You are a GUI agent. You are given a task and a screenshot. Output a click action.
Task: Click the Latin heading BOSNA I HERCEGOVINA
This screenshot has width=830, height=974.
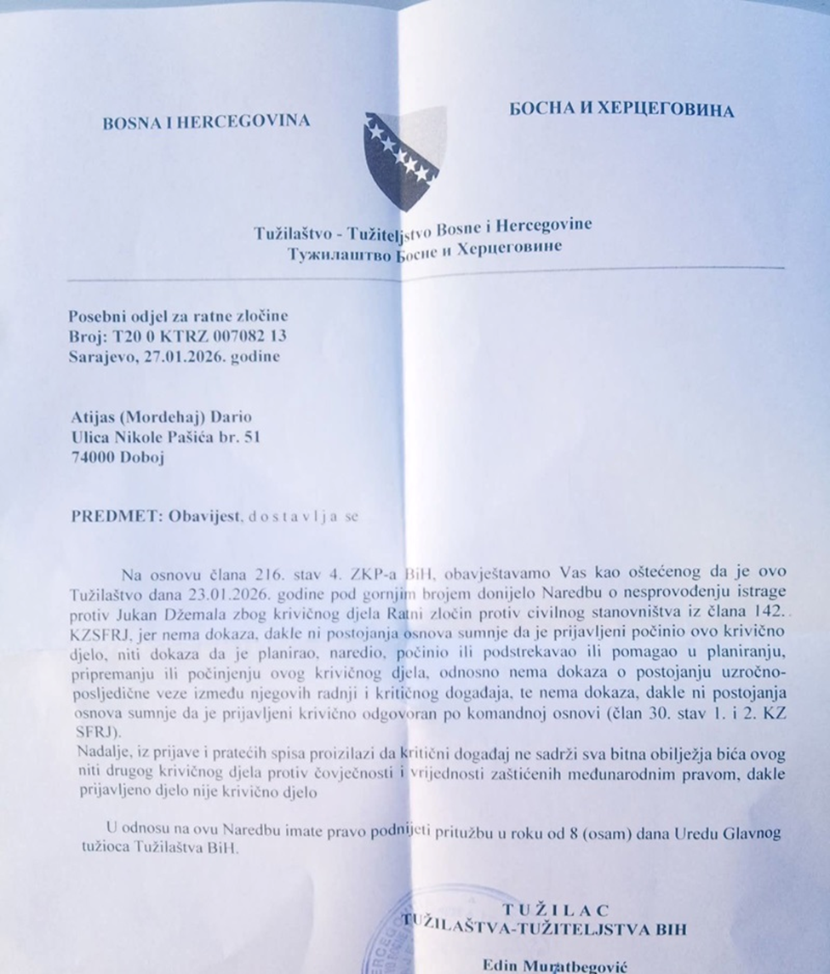206,122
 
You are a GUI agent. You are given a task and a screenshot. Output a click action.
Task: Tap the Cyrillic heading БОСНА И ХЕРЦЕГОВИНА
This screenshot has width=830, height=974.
621,110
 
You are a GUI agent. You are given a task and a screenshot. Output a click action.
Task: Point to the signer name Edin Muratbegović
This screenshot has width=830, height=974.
554,965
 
